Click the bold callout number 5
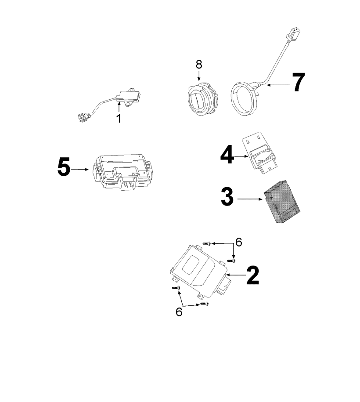[x=64, y=167]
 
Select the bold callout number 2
[x=252, y=275]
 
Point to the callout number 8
[x=199, y=64]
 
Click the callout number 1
[x=119, y=118]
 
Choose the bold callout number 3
[x=227, y=198]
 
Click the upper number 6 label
[x=239, y=242]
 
